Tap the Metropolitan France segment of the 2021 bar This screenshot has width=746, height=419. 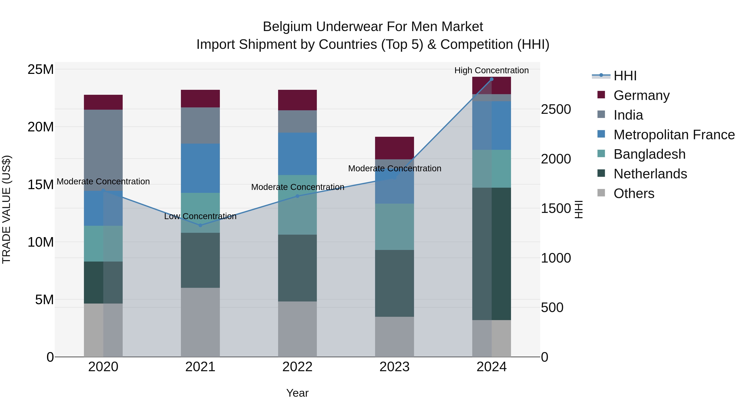tap(200, 168)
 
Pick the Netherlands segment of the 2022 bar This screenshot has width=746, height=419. tap(297, 268)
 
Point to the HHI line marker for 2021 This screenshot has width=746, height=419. tap(200, 225)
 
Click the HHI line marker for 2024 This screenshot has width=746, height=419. tap(492, 79)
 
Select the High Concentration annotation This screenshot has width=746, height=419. tap(492, 70)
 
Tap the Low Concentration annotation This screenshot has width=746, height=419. tap(200, 216)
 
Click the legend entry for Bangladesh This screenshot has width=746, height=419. tap(649, 154)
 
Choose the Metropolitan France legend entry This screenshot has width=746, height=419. tap(674, 134)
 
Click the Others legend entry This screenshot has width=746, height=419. tap(634, 193)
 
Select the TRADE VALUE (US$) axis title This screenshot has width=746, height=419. tap(6, 209)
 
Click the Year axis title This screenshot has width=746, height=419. tap(297, 393)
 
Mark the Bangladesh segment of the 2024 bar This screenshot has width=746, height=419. tap(492, 169)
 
